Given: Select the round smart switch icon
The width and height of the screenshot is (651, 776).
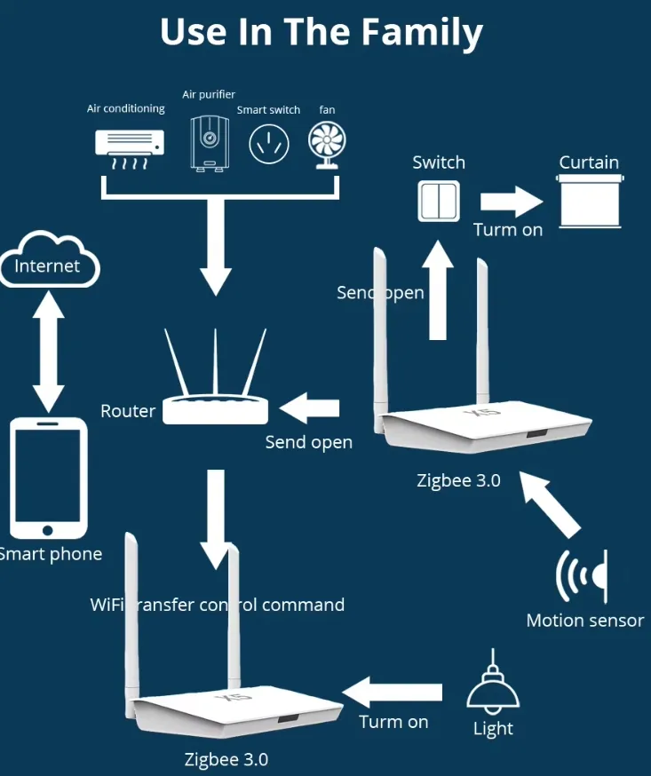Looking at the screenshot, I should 268,144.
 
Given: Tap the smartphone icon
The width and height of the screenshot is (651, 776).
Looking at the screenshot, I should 48,479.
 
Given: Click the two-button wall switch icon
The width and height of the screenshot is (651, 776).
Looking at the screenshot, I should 439,200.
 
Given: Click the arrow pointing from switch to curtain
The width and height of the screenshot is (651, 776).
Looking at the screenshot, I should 510,200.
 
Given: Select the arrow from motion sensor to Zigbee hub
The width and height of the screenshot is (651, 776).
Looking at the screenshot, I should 552,505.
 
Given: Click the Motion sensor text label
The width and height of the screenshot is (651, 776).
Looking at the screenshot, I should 584,621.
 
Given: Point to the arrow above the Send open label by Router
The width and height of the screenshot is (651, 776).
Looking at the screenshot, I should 310,408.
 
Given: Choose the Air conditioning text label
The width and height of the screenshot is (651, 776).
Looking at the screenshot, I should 125,108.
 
